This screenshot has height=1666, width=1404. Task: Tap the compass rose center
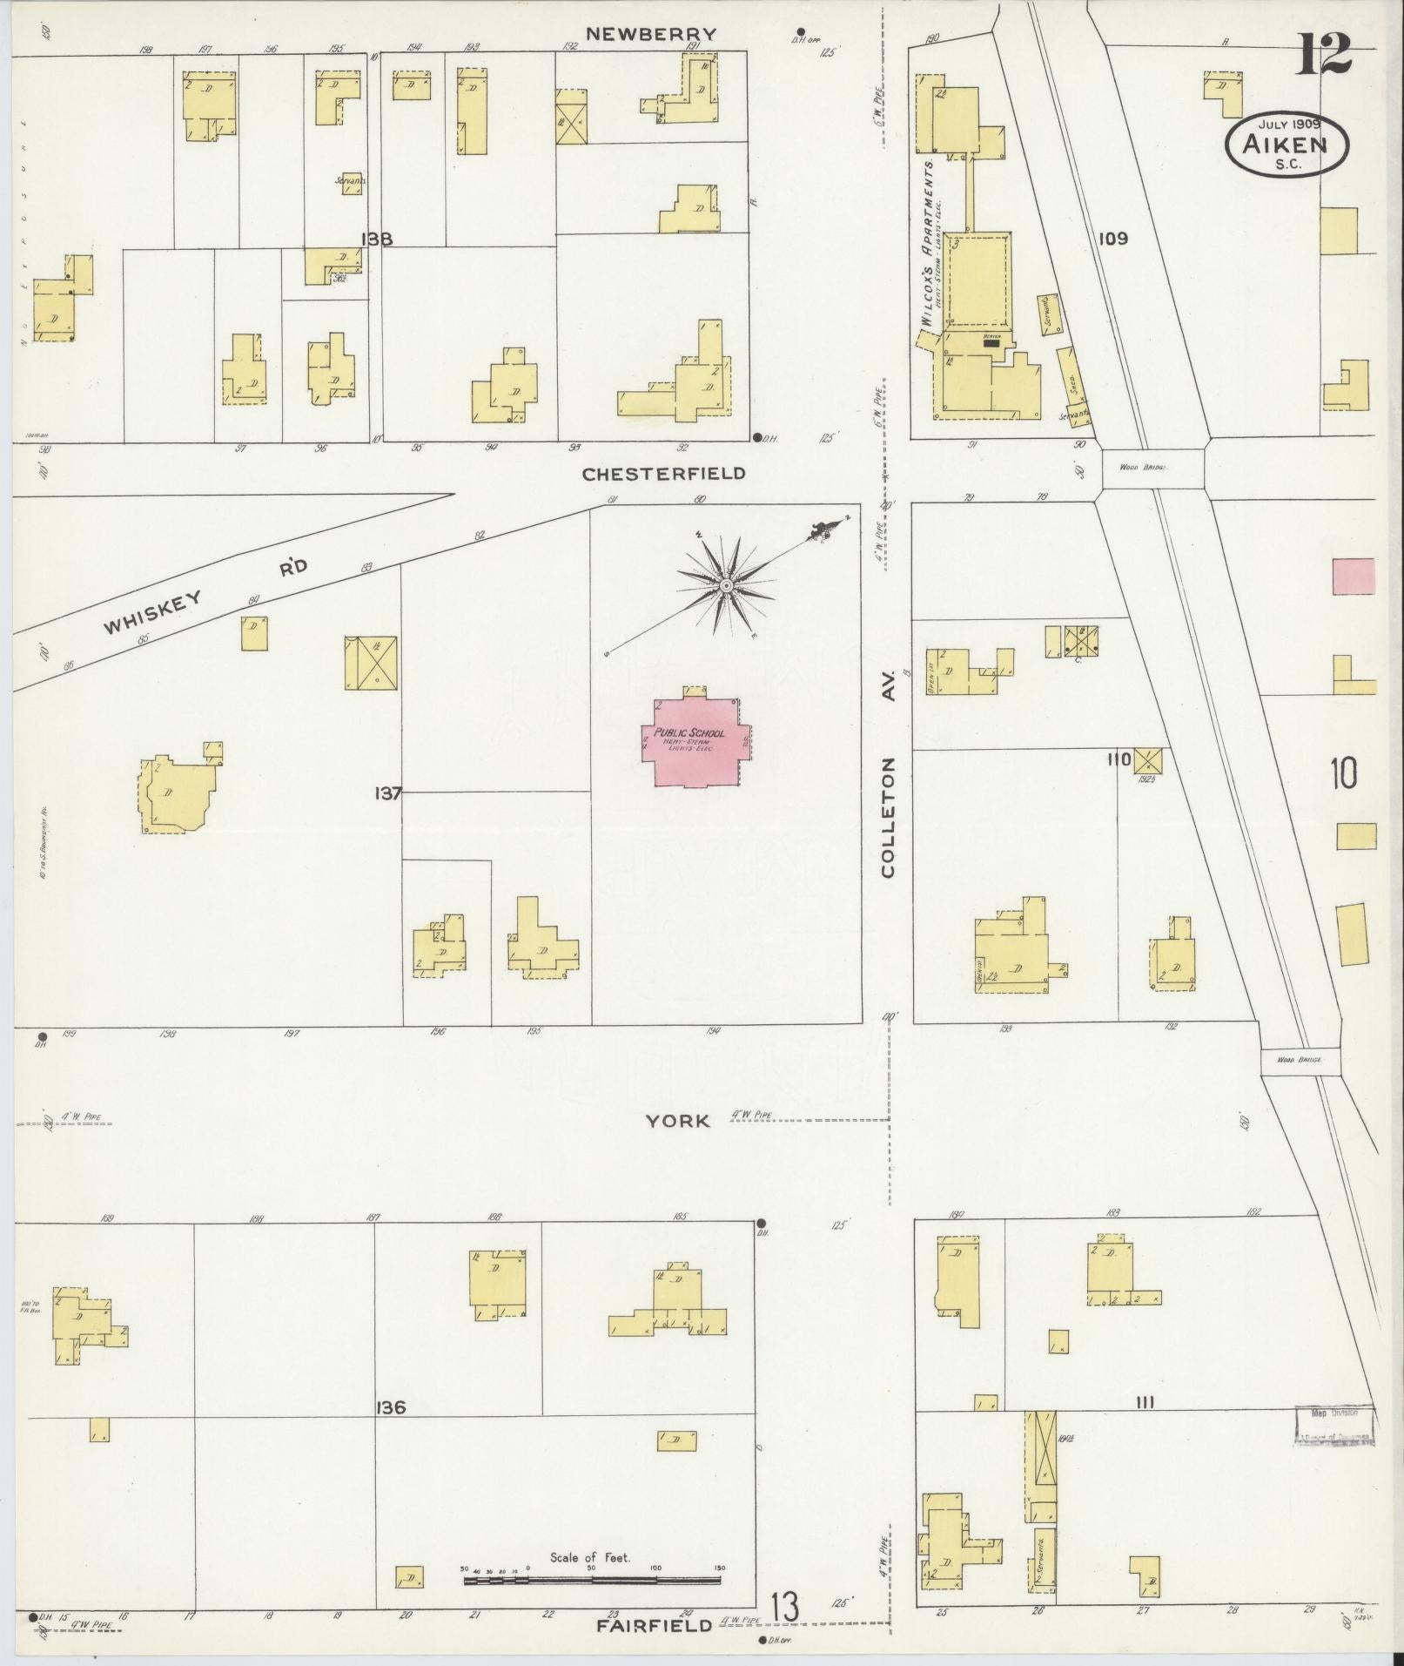[724, 585]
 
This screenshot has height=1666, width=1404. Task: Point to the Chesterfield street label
[663, 474]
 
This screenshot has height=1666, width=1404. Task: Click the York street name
[677, 1121]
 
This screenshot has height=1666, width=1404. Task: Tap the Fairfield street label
[654, 1625]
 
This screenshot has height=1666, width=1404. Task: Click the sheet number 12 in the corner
[1325, 55]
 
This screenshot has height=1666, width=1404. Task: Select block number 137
[388, 793]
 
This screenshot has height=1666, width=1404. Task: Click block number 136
[391, 1406]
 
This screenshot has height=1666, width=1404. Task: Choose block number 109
[1112, 238]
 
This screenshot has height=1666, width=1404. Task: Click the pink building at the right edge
[1354, 577]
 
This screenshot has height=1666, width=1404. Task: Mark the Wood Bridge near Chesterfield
[1152, 468]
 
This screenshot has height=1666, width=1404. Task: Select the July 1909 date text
[1287, 125]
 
